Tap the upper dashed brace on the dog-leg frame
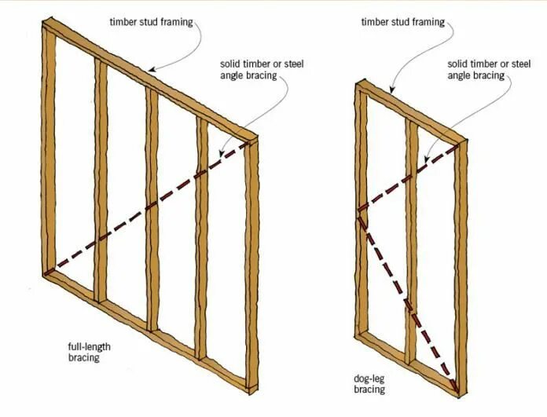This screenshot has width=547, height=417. (409, 178)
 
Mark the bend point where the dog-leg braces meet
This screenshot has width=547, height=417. (360, 210)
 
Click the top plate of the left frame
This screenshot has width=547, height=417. (149, 79)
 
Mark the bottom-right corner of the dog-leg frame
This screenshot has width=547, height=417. (459, 392)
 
